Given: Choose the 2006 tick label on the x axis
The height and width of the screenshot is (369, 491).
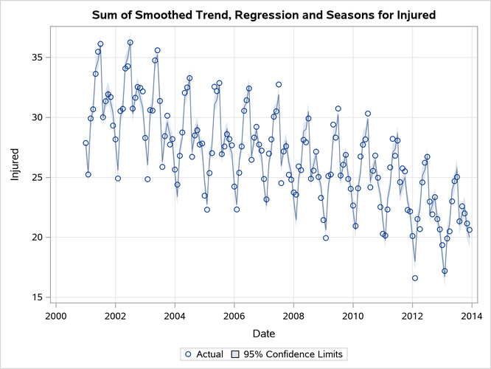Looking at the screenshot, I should tap(234, 316).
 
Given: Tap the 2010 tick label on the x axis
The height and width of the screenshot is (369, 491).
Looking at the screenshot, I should tap(352, 316).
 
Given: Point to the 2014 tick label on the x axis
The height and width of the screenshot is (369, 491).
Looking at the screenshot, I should tap(471, 316).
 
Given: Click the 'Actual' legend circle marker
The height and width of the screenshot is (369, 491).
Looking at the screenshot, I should tap(188, 354).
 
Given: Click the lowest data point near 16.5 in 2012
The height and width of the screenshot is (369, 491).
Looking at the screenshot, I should tap(415, 278).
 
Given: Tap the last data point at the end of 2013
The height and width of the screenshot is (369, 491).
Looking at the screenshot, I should tap(470, 230).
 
